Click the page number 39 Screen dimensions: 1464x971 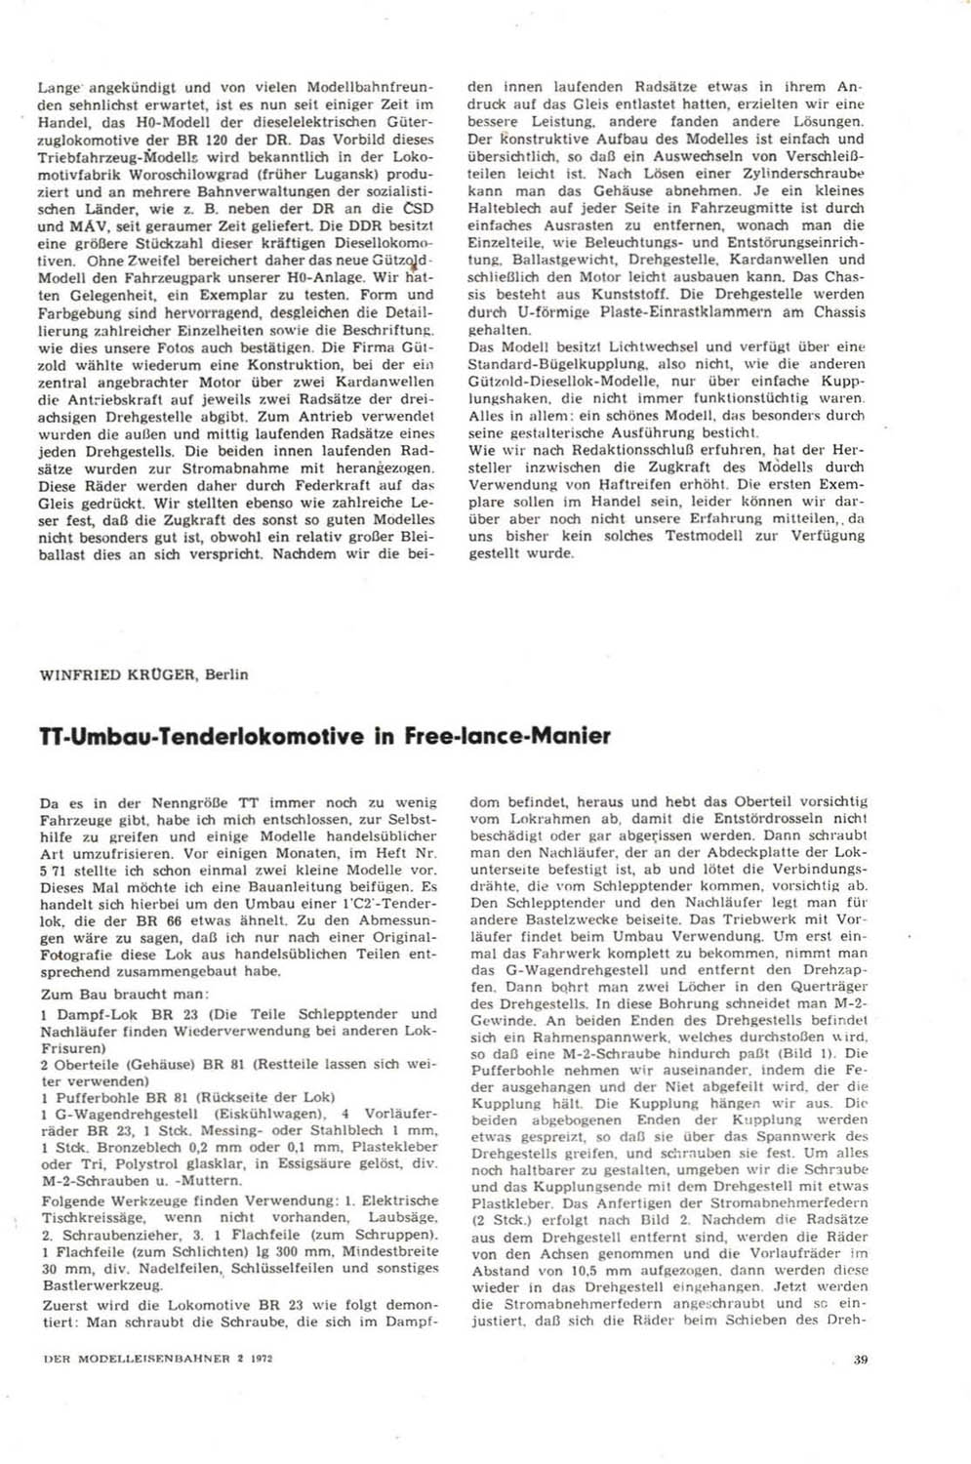click(x=859, y=1359)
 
